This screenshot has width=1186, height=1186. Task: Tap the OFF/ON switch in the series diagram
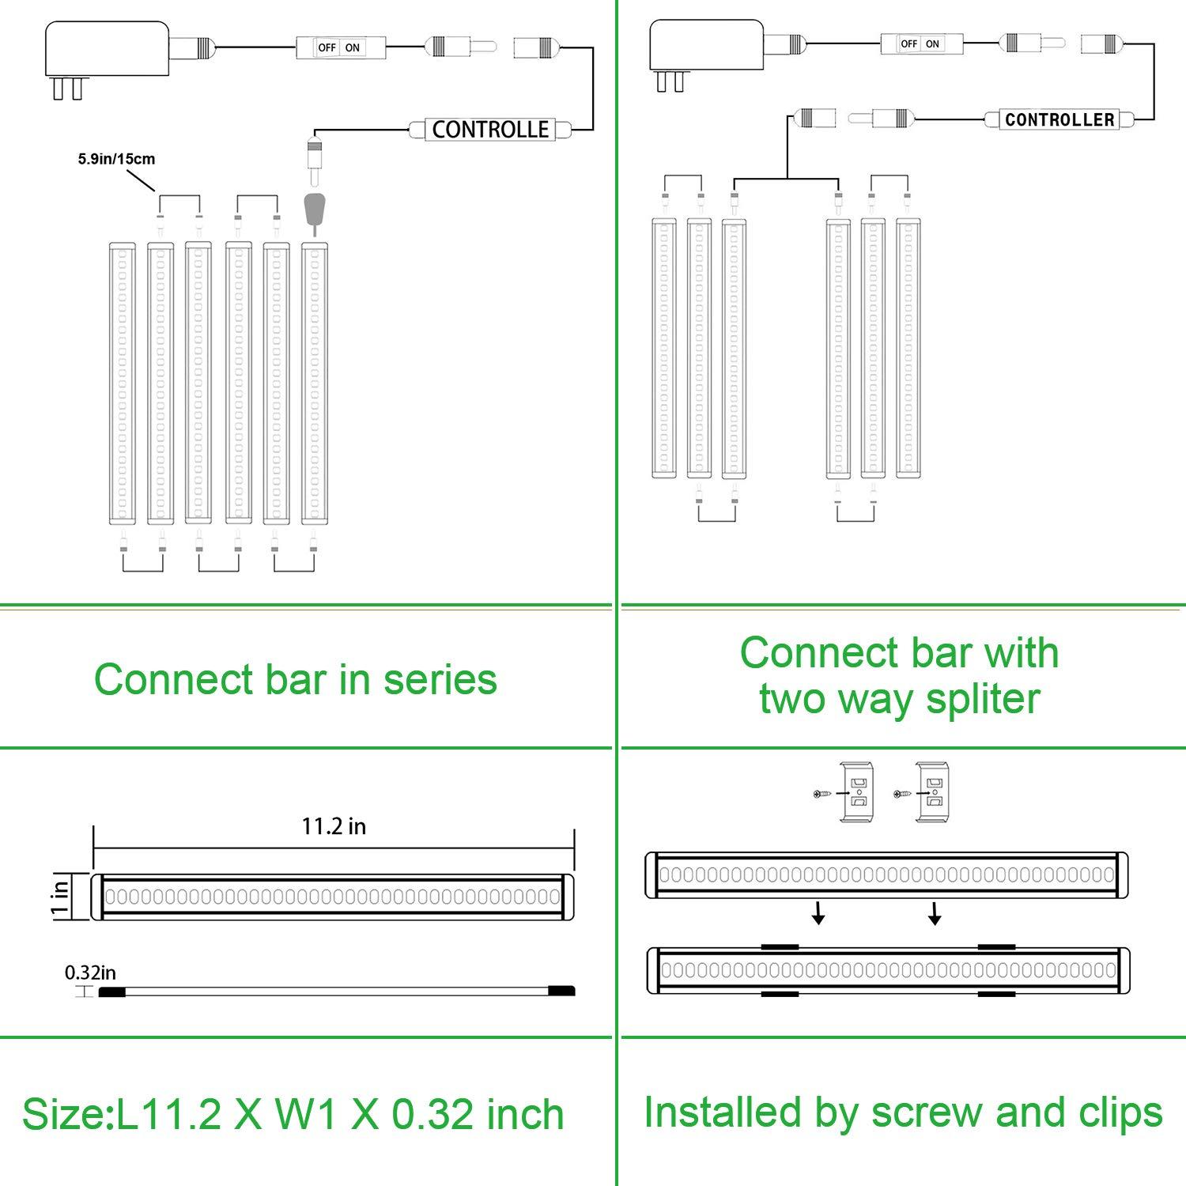[338, 47]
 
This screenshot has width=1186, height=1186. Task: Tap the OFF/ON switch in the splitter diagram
[920, 43]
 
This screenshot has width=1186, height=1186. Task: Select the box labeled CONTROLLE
[489, 130]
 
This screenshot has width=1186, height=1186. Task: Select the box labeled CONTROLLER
[1059, 120]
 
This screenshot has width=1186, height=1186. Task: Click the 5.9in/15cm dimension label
[116, 159]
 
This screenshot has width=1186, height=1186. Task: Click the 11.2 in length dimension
[334, 826]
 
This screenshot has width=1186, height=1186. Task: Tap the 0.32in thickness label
[90, 973]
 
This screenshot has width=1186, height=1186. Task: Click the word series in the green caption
[440, 680]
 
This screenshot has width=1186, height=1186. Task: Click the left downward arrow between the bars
[819, 916]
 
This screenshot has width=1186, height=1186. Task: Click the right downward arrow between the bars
[935, 916]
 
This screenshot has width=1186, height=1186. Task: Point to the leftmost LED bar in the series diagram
[122, 383]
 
